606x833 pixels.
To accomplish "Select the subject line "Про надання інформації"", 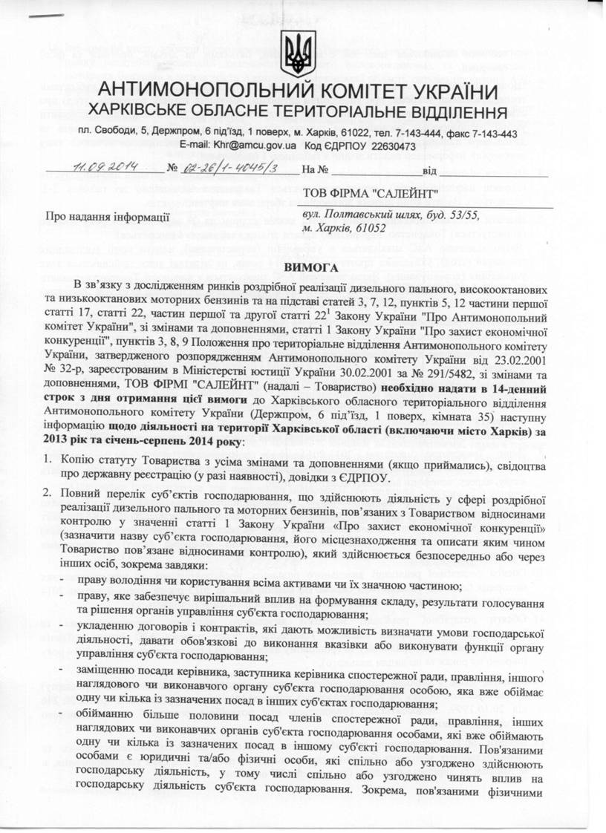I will point(107,217).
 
